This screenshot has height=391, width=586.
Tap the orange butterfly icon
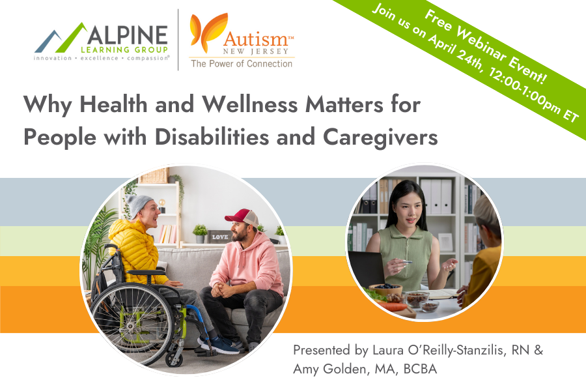tap(203, 36)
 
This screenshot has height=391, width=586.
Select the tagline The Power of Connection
tap(241, 64)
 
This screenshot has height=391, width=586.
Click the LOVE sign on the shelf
tap(219, 237)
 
